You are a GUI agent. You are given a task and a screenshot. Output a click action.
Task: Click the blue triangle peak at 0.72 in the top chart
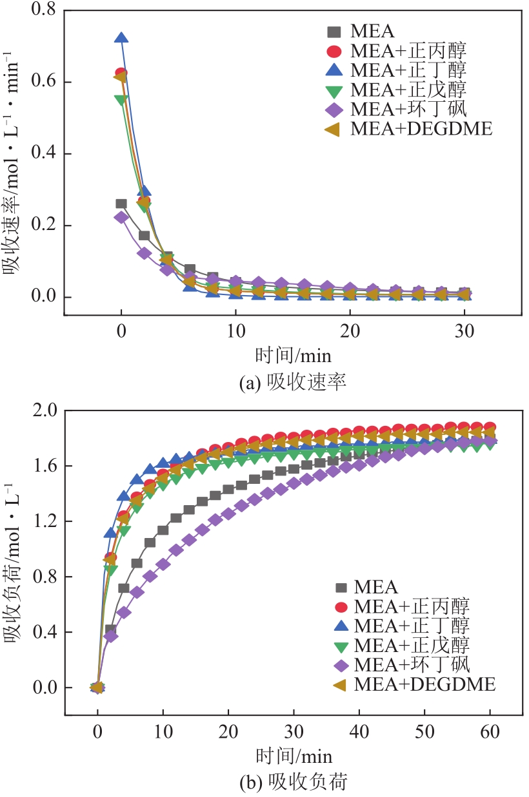[x=121, y=39]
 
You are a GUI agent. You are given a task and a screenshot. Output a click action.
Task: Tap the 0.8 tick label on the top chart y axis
[x=42, y=10]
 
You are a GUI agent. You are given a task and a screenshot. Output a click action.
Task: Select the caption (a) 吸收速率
[x=293, y=383]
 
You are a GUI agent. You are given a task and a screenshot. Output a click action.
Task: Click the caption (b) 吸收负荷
[x=293, y=783]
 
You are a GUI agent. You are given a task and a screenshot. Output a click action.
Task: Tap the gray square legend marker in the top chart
[x=334, y=31]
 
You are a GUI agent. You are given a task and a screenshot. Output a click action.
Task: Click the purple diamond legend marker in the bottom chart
[x=341, y=664]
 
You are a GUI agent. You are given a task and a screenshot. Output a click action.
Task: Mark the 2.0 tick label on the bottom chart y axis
[x=42, y=410]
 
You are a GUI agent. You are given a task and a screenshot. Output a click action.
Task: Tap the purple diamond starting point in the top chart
[x=121, y=217]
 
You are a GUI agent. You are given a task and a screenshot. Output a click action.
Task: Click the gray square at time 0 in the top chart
[x=121, y=204]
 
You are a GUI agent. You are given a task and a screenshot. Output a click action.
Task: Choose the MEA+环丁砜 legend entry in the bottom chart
[x=413, y=664]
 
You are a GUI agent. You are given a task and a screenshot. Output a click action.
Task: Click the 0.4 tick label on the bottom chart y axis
[x=42, y=632]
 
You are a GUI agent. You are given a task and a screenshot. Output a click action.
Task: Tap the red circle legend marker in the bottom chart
[x=341, y=606]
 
